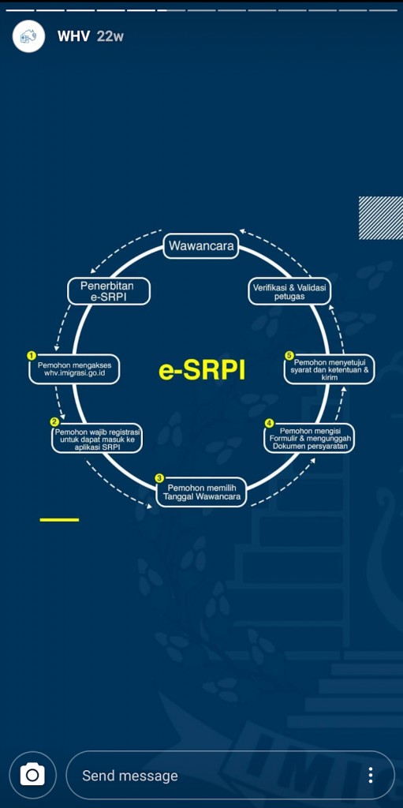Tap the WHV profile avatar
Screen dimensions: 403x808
tap(29, 36)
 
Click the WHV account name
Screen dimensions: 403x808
tap(73, 36)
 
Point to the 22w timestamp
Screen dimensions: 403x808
tap(110, 36)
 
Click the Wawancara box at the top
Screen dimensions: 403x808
tap(201, 246)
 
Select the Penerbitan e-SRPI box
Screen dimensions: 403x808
tap(109, 291)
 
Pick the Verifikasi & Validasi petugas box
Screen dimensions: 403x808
tap(289, 291)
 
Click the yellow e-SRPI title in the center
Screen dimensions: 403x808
tap(202, 371)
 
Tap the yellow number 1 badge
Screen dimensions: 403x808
tap(32, 356)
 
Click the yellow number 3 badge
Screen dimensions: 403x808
tap(160, 477)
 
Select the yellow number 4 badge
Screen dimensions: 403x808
tap(268, 423)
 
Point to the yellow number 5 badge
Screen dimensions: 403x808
tap(289, 356)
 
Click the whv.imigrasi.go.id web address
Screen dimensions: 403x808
tap(74, 373)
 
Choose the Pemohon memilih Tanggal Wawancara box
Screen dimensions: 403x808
tap(201, 492)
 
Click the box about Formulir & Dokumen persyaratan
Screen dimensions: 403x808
tap(310, 439)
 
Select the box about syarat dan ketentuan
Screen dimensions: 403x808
tap(330, 370)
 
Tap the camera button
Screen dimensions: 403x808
tap(32, 775)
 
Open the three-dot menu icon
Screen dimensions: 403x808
tap(370, 775)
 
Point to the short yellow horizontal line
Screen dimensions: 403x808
tap(59, 520)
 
